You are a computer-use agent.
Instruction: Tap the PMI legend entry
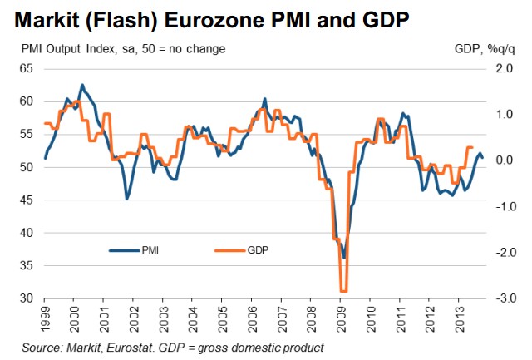[151, 249]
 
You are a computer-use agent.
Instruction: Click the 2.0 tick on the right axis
[505, 69]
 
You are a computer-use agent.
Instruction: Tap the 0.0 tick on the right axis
[505, 160]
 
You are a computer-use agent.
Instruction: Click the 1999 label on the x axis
[47, 318]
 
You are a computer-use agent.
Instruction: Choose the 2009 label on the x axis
[340, 318]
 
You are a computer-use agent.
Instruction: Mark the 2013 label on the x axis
[458, 318]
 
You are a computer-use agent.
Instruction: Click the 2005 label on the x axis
[223, 318]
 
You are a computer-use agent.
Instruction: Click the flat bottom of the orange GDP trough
[342, 291]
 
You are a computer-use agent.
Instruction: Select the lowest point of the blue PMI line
[343, 258]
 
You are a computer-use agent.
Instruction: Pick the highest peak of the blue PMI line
[81, 85]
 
